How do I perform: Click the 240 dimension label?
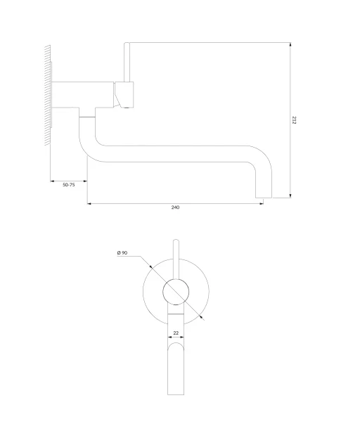pyautogui.click(x=175, y=207)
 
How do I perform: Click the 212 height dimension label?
pyautogui.click(x=295, y=120)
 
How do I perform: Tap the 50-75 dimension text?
pyautogui.click(x=69, y=185)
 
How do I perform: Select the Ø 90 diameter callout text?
pyautogui.click(x=122, y=252)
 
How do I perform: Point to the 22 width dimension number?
pyautogui.click(x=176, y=333)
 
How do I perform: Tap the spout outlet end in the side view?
pyautogui.click(x=264, y=198)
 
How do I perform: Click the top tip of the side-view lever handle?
pyautogui.click(x=127, y=44)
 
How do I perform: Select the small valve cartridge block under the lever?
pyautogui.click(x=124, y=94)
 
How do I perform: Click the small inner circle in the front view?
pyautogui.click(x=176, y=292)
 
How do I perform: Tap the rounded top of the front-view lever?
pyautogui.click(x=176, y=240)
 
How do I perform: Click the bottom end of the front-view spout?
pyautogui.click(x=176, y=394)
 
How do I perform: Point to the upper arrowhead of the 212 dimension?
pyautogui.click(x=290, y=45)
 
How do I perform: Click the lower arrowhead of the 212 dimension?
pyautogui.click(x=290, y=195)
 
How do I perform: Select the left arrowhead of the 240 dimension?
pyautogui.click(x=89, y=204)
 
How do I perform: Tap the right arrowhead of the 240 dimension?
pyautogui.click(x=261, y=204)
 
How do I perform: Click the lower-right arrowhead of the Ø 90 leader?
pyautogui.click(x=202, y=318)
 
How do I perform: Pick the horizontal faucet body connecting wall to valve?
pyautogui.click(x=83, y=94)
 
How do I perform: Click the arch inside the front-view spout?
pyautogui.click(x=176, y=343)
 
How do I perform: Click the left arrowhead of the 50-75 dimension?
pyautogui.click(x=53, y=181)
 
